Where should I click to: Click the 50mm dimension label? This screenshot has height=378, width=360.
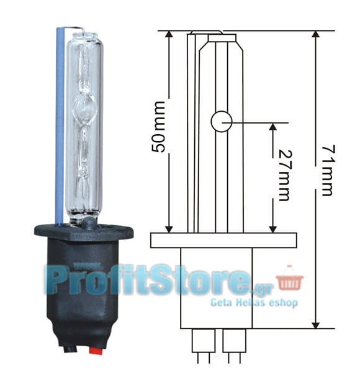coord(159,127)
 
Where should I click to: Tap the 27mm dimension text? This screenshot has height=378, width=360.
coord(285,176)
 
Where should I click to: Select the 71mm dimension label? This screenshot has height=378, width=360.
coord(328,170)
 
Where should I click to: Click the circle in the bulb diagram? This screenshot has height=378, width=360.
coord(222,122)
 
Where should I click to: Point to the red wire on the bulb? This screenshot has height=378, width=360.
coord(96,351)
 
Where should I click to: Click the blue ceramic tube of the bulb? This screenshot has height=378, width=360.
coord(60,125)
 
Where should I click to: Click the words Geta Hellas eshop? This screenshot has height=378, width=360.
coord(254,302)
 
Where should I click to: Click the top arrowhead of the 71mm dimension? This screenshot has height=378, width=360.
coord(316,34)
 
